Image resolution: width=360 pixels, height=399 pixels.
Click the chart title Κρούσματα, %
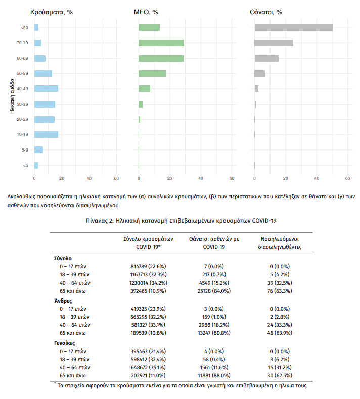[x=52, y=11]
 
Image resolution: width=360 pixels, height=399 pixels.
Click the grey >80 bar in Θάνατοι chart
[x=293, y=27]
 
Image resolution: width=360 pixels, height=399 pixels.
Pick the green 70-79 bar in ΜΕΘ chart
[x=161, y=43]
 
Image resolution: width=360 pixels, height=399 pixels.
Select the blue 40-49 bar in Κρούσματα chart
[x=46, y=88]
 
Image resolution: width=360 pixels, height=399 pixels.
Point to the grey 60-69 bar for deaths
[x=266, y=58]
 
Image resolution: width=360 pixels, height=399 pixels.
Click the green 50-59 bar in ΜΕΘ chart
[x=152, y=73]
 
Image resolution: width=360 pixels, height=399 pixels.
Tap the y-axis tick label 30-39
[x=22, y=104]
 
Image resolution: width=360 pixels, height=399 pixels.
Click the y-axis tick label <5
[x=25, y=165]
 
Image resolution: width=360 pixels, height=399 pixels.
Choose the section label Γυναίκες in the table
[x=66, y=342]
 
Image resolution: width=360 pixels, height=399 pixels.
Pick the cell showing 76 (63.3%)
[x=280, y=291]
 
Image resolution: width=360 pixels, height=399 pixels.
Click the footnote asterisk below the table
[x=55, y=384]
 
